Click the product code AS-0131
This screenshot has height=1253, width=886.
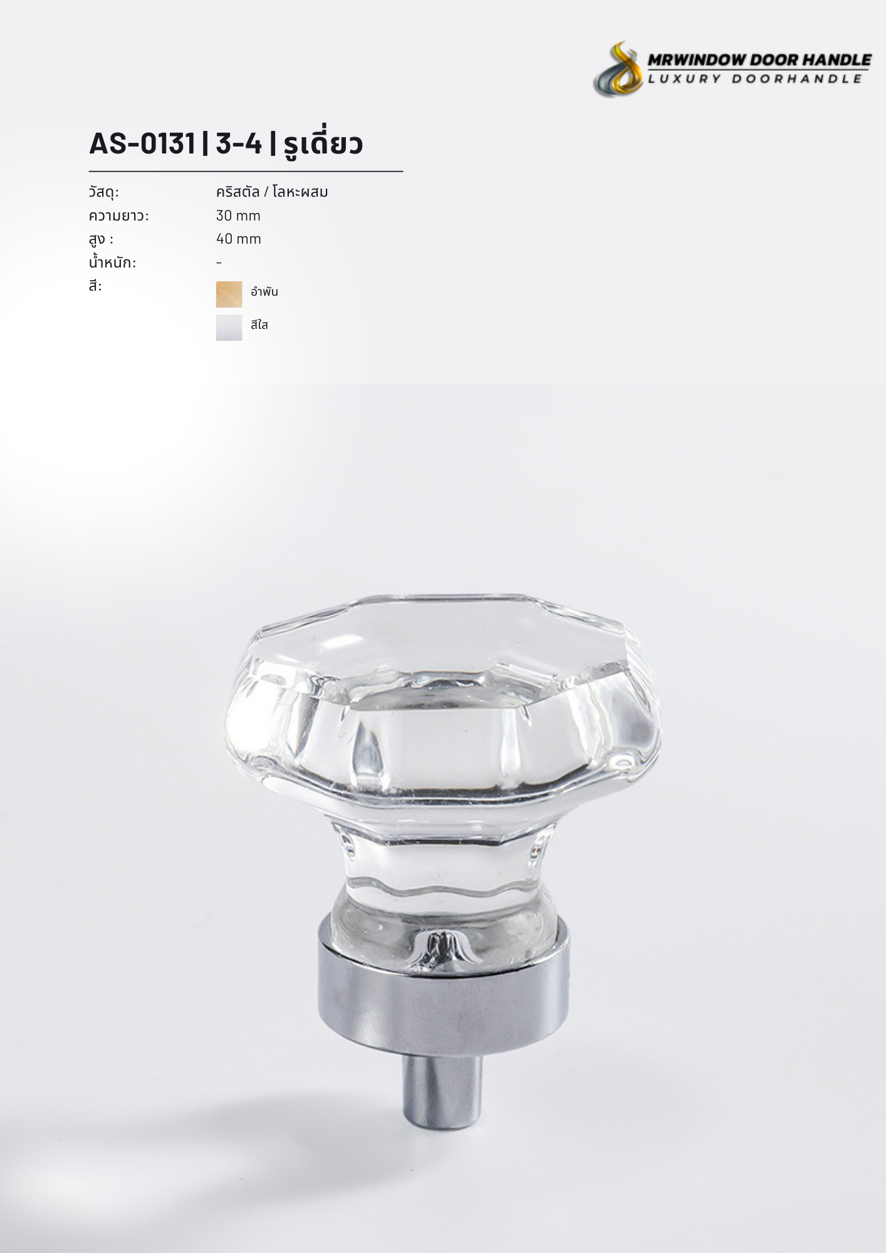tap(142, 143)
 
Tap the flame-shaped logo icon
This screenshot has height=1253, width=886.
tap(618, 69)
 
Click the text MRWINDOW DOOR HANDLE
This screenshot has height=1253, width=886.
tap(759, 60)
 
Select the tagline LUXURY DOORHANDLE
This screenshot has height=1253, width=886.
tap(755, 78)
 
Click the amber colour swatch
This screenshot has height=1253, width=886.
tap(229, 294)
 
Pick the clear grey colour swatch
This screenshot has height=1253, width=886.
tap(229, 328)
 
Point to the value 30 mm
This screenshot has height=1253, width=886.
tap(238, 216)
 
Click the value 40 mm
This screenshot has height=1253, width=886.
tap(238, 239)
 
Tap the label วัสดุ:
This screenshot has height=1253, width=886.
tap(104, 192)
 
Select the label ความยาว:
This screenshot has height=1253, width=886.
tap(119, 216)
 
